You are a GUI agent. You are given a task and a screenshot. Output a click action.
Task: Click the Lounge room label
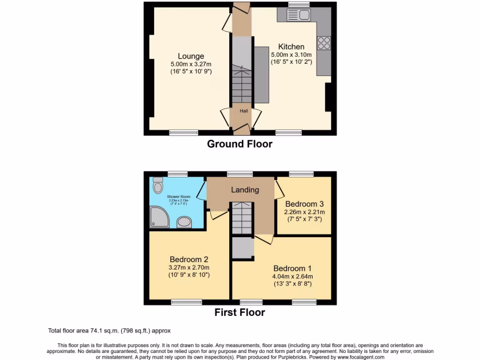coord(190,56)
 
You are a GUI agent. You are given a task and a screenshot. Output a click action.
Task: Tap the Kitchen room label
coord(291,46)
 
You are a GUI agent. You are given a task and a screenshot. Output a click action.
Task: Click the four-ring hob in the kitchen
coord(324,43)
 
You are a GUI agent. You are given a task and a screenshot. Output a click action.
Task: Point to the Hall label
coord(244,111)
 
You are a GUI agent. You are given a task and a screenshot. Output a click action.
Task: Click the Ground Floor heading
coord(240,144)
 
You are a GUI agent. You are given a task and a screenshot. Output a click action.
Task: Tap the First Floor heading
coord(240,312)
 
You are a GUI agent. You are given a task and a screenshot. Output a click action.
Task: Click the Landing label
coord(245,190)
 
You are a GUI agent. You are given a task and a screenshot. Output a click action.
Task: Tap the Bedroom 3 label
coord(304,204)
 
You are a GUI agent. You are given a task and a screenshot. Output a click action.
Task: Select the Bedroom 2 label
coord(189,259)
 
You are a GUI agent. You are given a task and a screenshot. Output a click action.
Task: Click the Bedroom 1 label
coord(292,268)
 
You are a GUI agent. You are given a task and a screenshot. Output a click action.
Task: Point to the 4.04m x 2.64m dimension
coord(292,276)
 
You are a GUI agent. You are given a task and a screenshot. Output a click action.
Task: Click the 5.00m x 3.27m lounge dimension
coord(191,64)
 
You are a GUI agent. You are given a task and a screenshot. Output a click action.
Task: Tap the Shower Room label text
coord(177,197)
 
